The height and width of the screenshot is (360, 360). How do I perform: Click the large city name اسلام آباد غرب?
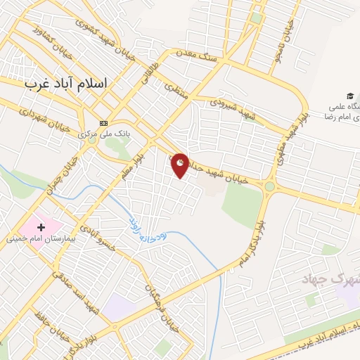(67, 83)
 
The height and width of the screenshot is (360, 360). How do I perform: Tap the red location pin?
(181, 165)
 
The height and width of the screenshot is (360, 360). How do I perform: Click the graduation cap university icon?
(349, 96)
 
